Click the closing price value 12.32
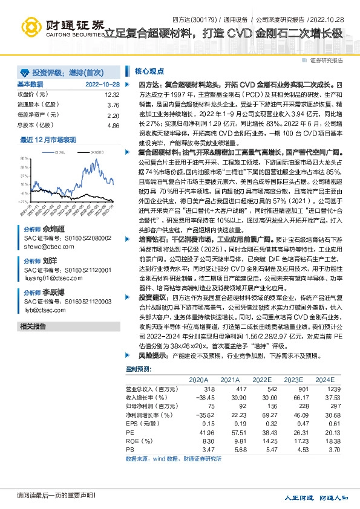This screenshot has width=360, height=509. [x=112, y=95]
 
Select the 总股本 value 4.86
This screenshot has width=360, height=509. [x=113, y=125]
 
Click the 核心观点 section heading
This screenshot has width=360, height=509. [x=148, y=71]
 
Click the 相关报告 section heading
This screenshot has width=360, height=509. [x=33, y=326]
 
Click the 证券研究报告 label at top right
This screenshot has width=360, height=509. [x=326, y=60]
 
